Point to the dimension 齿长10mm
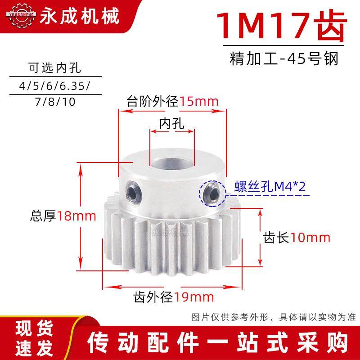click(297, 237)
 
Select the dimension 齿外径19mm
click(173, 297)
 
